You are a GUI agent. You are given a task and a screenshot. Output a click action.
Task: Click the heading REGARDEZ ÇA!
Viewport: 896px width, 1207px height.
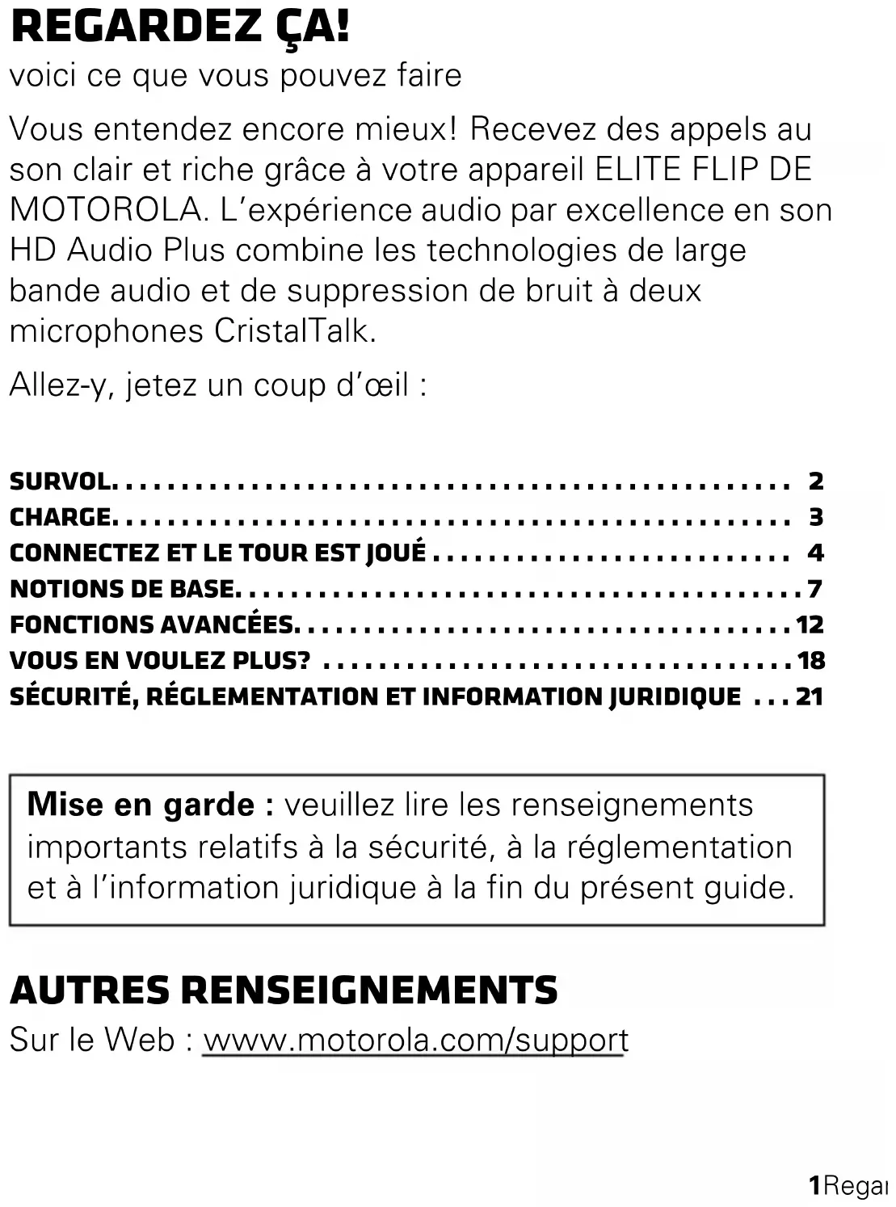[180, 27]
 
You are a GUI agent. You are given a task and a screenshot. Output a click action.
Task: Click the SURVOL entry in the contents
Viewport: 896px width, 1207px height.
[61, 482]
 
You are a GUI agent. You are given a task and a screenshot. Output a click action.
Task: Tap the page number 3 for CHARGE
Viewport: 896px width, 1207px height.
[816, 517]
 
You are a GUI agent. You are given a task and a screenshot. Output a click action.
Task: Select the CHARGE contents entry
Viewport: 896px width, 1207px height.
[61, 517]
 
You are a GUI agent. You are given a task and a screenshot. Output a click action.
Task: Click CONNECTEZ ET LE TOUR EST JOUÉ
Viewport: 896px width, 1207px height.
[217, 553]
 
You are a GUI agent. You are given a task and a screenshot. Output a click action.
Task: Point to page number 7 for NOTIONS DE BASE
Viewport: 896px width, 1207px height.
[814, 589]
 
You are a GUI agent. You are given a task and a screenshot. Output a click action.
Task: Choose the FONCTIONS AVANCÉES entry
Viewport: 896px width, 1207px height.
[152, 625]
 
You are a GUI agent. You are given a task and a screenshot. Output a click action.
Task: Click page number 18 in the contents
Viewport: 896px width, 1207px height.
[811, 661]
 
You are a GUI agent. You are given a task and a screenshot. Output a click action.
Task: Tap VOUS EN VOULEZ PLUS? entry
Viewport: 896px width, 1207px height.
[160, 661]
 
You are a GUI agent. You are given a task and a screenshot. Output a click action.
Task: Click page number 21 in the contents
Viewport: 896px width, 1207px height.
[810, 696]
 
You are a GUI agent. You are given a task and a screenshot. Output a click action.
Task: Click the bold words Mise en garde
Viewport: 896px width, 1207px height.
[141, 805]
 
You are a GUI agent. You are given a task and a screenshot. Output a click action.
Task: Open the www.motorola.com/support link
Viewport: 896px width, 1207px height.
[415, 1040]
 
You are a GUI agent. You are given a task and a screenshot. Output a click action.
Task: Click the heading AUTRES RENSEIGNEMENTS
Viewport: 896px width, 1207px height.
[284, 990]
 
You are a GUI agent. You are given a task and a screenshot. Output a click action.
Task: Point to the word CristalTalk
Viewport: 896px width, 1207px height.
[295, 331]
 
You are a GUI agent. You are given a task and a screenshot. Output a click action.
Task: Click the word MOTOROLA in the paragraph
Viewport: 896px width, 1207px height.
[105, 210]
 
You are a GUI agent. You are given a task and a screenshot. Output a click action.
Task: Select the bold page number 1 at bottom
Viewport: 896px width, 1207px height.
[815, 1185]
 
